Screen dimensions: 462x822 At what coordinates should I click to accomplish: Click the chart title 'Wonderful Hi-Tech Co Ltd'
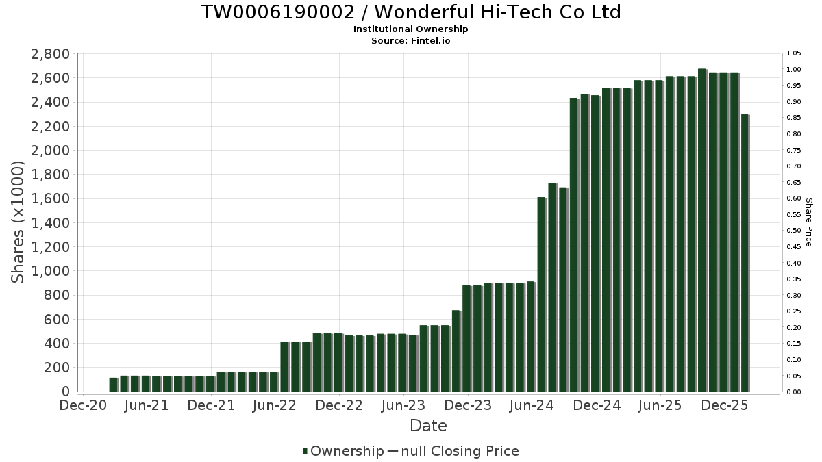click(x=411, y=12)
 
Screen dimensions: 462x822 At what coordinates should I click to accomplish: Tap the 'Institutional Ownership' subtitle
click(x=411, y=29)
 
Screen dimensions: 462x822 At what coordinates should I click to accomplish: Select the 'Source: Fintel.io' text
click(x=411, y=40)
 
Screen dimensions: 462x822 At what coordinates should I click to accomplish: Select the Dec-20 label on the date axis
click(x=83, y=405)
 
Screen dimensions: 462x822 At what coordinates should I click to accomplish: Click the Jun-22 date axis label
click(x=275, y=405)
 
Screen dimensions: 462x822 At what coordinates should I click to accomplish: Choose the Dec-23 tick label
click(x=468, y=405)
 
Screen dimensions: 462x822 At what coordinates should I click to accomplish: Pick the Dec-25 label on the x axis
click(x=725, y=405)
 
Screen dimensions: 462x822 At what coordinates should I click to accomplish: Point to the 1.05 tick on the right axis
click(x=794, y=53)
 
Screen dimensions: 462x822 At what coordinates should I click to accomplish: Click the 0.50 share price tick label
click(x=794, y=231)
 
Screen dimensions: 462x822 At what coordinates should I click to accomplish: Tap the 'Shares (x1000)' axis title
click(x=18, y=222)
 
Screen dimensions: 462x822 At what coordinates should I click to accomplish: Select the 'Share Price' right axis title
click(x=808, y=222)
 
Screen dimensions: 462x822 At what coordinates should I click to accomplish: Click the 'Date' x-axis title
click(x=428, y=426)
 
